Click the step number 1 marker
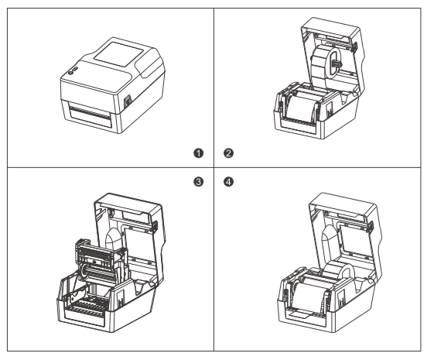[199, 153]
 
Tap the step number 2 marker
[228, 153]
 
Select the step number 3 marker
[199, 182]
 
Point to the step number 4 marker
[228, 182]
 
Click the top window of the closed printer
[118, 54]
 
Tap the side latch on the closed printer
[128, 101]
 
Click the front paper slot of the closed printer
[91, 116]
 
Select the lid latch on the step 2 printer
[354, 47]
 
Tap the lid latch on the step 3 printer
[155, 226]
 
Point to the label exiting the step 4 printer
[301, 314]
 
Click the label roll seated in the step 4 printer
[339, 272]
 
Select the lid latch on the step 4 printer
[369, 227]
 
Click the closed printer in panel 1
[113, 86]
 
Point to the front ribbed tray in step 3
[87, 307]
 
